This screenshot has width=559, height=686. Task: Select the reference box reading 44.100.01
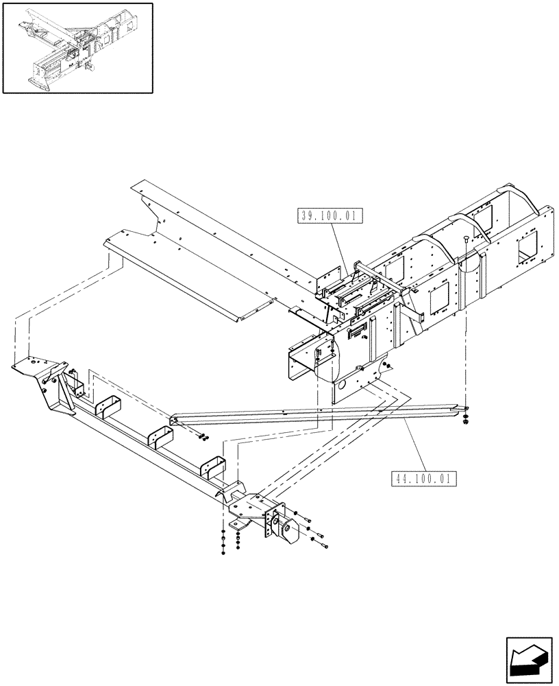422,479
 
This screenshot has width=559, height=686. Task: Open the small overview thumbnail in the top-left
77,47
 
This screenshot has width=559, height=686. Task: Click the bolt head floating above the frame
465,239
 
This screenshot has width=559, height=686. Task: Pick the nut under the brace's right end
465,420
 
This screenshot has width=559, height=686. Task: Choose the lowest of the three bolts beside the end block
323,546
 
